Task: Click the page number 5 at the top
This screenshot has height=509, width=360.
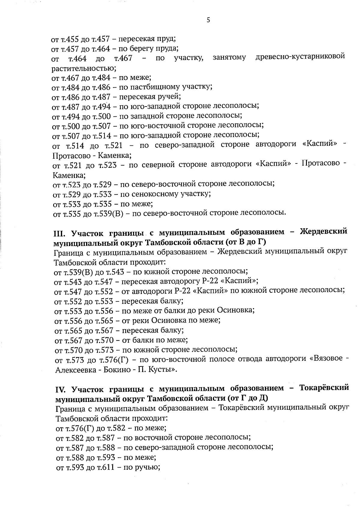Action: coord(208,20)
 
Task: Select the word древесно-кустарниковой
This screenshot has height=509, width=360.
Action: coord(300,56)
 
